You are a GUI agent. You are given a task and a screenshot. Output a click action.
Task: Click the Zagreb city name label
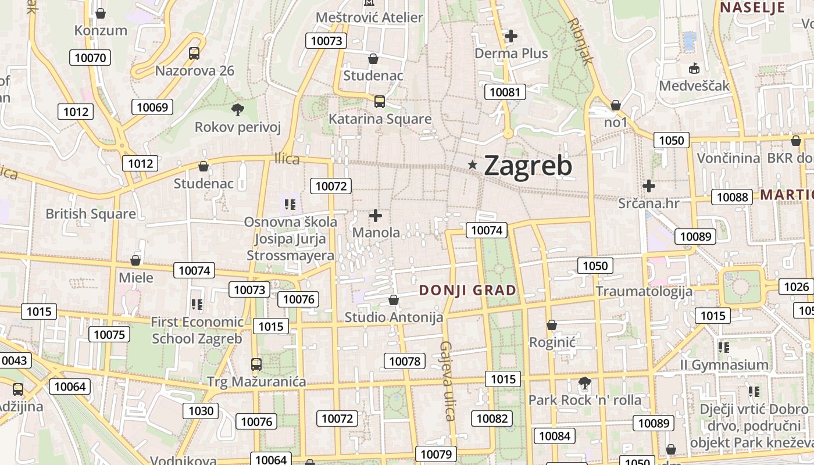tap(527, 166)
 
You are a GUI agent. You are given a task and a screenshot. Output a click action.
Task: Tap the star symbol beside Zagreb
tap(473, 166)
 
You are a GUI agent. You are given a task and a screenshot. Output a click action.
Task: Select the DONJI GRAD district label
tap(467, 290)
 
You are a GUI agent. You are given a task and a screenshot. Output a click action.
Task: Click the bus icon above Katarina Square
tap(380, 102)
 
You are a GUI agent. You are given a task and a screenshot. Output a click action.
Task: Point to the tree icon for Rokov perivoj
tap(237, 109)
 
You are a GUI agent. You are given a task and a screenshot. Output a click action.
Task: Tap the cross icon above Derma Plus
tap(510, 36)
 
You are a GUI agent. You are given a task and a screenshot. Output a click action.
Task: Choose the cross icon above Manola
tap(376, 216)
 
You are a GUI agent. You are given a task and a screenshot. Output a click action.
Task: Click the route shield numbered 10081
tap(505, 92)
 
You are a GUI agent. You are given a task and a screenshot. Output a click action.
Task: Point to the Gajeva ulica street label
tap(446, 380)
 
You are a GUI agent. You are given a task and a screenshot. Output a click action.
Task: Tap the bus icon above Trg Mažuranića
tap(256, 364)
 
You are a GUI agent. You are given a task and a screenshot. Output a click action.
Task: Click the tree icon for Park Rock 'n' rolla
tap(584, 383)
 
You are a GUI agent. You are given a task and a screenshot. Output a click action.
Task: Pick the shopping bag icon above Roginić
tap(551, 325)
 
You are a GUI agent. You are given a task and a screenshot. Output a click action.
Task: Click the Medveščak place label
tap(694, 86)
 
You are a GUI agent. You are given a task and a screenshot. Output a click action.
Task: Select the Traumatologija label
tap(644, 291)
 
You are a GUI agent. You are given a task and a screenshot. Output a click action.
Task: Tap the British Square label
tap(91, 214)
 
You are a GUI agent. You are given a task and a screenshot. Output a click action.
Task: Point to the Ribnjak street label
tap(581, 40)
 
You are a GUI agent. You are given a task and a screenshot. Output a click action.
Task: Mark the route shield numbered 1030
tap(201, 411)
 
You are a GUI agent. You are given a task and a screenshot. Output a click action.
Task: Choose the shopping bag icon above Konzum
tap(101, 13)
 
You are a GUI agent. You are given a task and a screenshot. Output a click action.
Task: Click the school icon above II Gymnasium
tap(724, 348)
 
